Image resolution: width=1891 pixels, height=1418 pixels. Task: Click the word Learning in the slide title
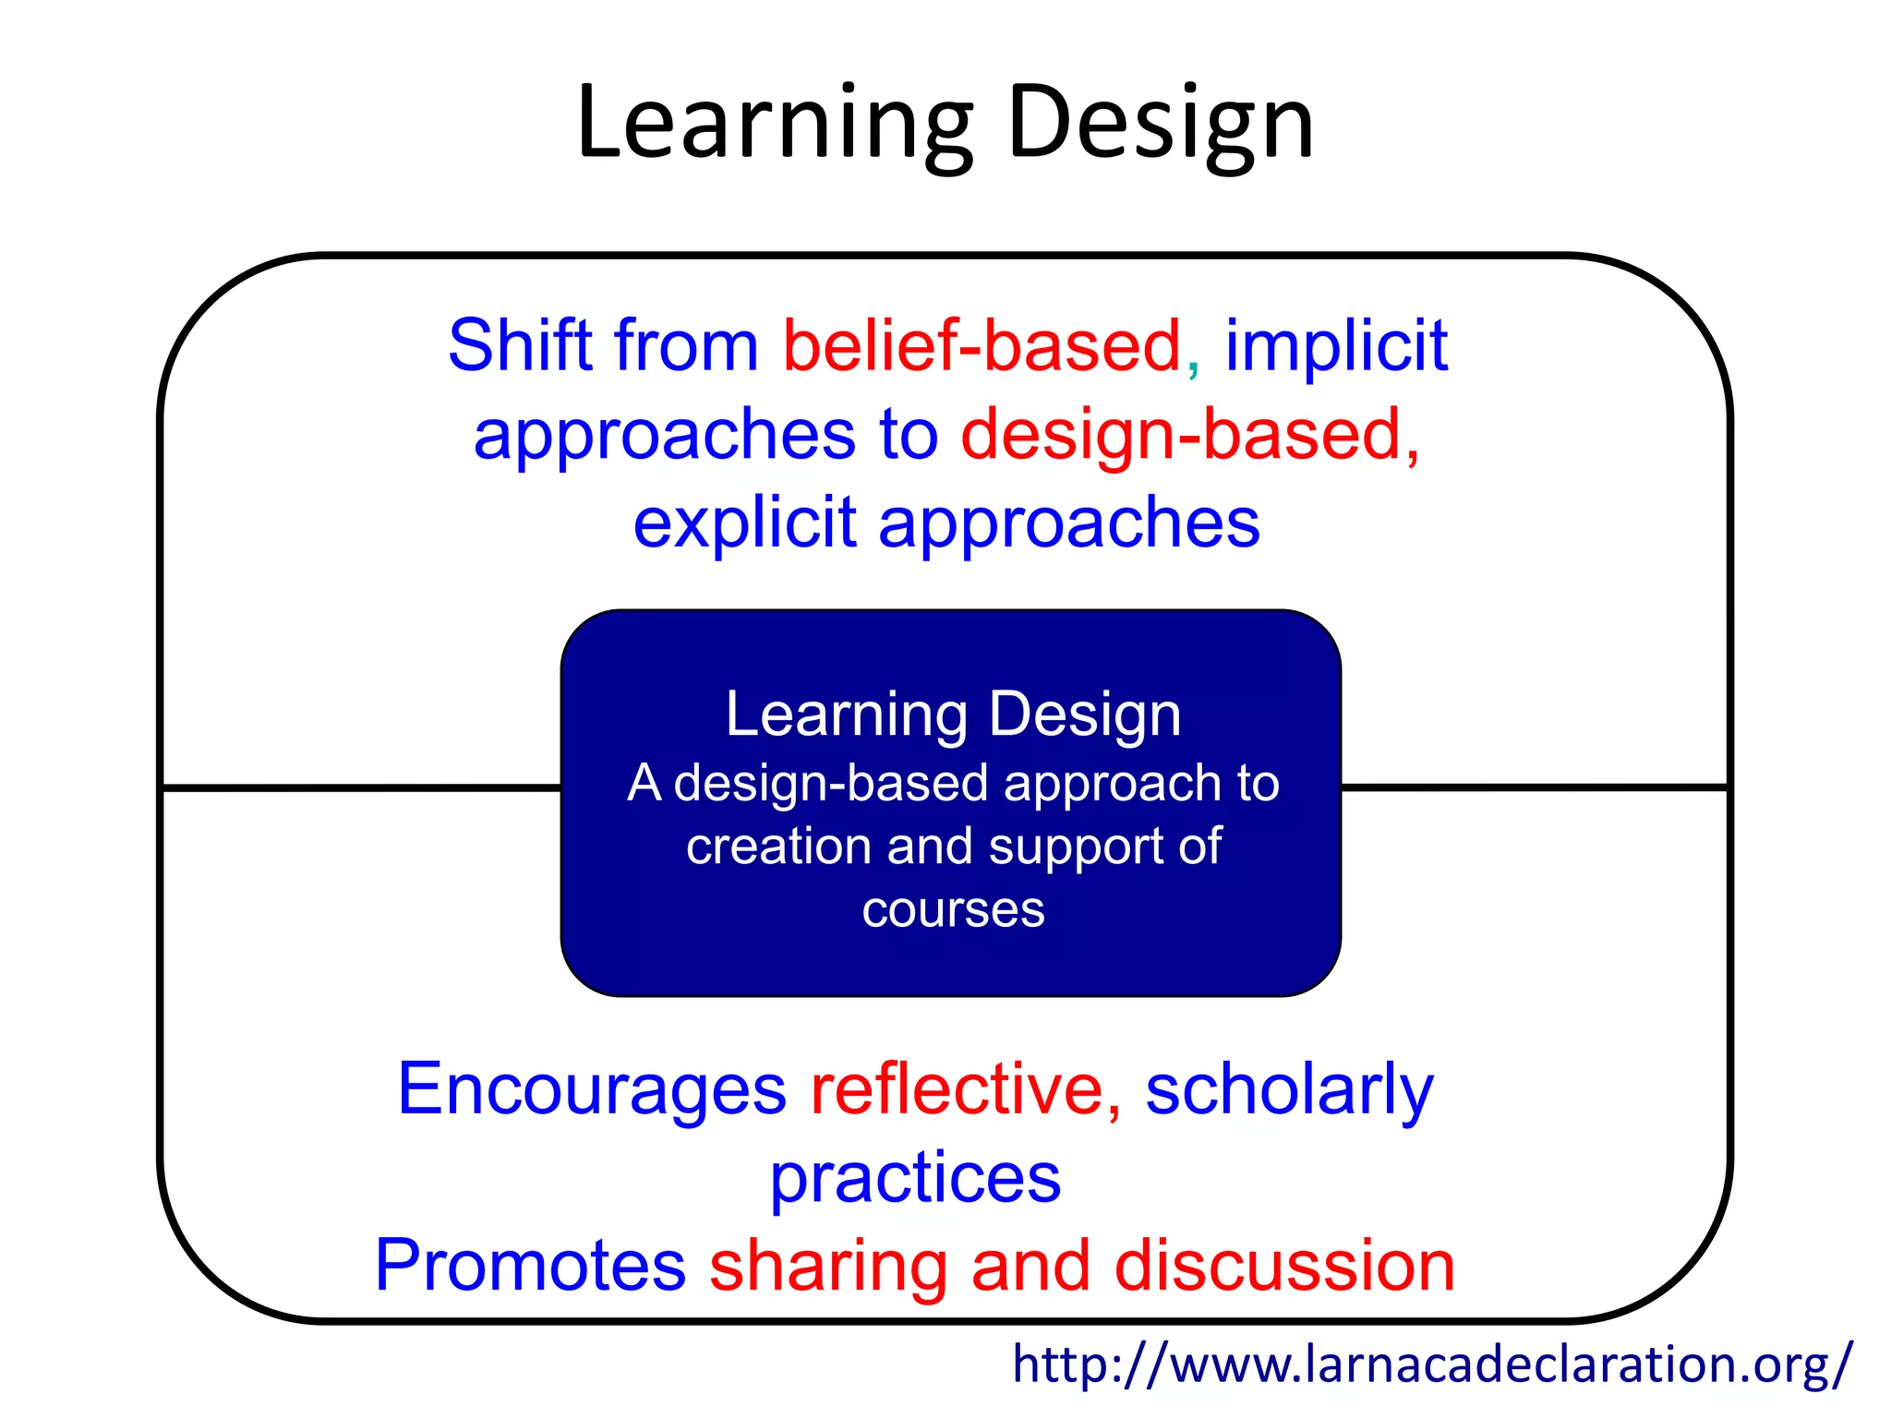[x=774, y=125]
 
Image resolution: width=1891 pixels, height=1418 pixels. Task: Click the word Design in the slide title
[x=1161, y=125]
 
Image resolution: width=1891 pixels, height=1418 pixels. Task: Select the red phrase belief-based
[x=982, y=345]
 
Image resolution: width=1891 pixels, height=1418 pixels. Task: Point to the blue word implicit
[x=1335, y=345]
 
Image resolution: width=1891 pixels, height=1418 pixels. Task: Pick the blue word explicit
[x=744, y=523]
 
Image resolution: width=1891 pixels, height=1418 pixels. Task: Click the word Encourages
[x=591, y=1089]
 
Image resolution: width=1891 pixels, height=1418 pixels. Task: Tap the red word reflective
[x=958, y=1089]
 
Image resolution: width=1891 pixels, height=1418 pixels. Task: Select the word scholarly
[x=1289, y=1089]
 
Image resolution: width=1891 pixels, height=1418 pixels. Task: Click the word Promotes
[x=530, y=1266]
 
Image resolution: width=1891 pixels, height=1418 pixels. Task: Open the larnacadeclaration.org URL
[x=1432, y=1364]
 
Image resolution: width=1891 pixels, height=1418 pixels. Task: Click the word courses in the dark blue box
[x=953, y=910]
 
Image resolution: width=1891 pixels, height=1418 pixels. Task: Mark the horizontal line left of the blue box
[x=361, y=787]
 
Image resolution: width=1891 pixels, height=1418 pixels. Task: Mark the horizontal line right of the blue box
[x=1534, y=787]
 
